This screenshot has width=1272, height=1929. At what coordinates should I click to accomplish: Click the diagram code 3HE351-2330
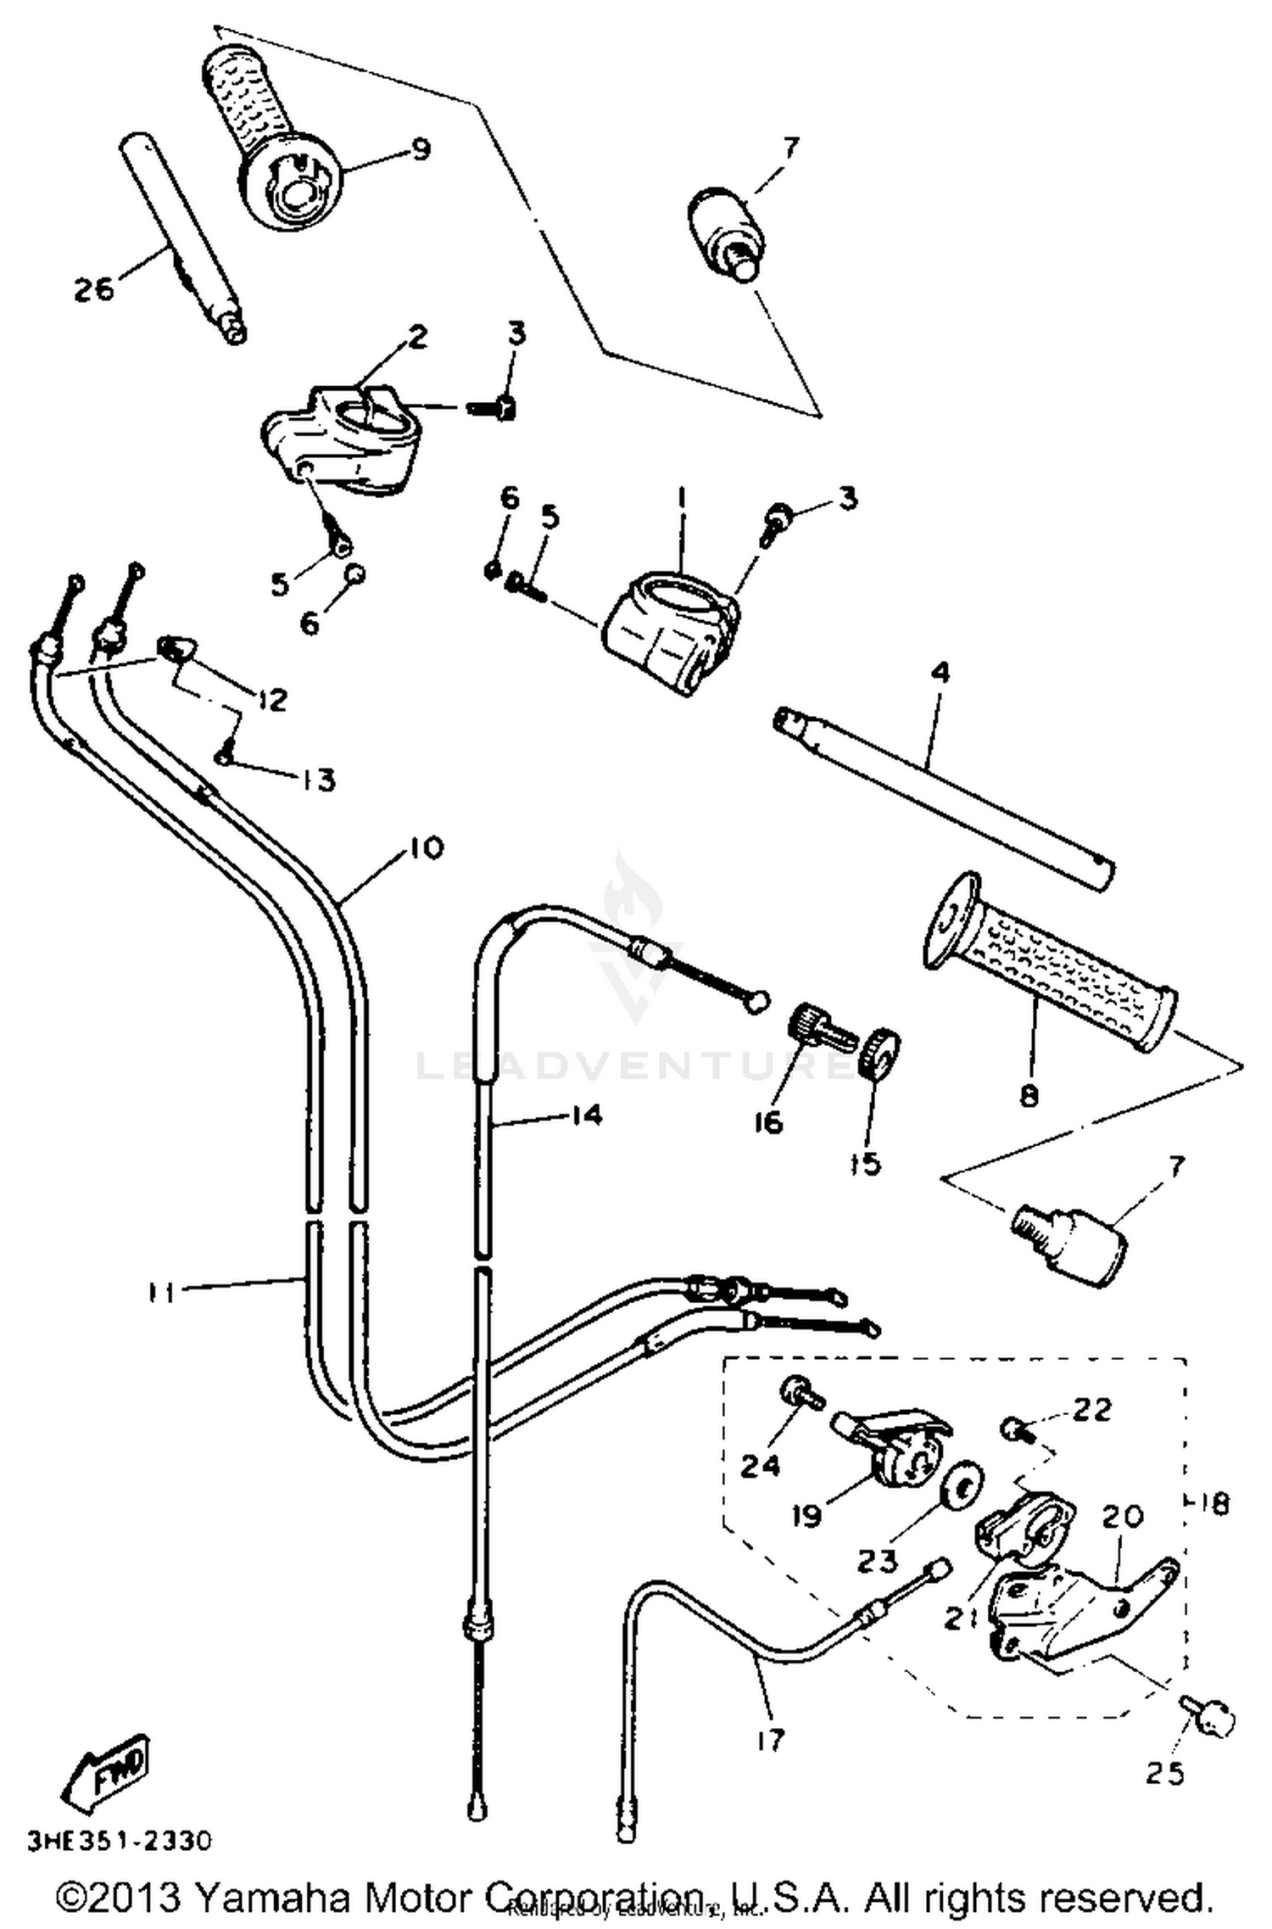(x=119, y=1840)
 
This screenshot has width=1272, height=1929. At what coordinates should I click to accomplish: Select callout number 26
(x=92, y=289)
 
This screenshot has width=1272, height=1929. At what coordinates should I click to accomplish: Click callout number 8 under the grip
(x=1029, y=1097)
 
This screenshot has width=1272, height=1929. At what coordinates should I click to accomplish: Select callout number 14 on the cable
(x=584, y=1115)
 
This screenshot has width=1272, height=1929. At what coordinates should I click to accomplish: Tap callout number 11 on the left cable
(x=160, y=1293)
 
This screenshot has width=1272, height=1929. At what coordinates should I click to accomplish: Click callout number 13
(x=318, y=779)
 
